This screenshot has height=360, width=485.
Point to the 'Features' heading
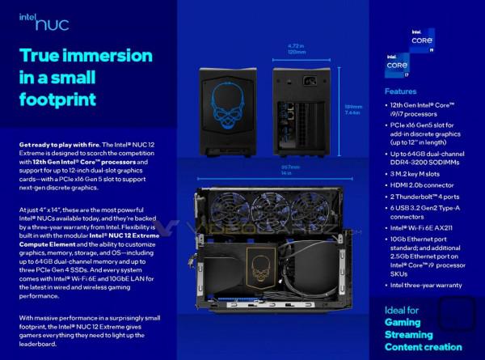(x=401, y=91)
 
